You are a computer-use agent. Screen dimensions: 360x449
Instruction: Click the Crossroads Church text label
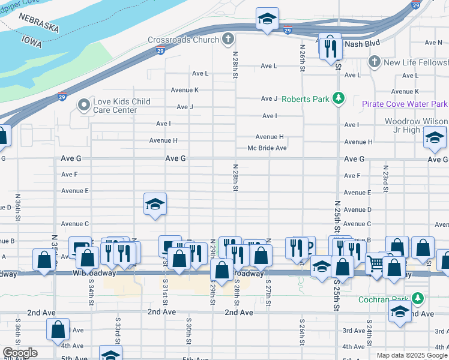pos(183,40)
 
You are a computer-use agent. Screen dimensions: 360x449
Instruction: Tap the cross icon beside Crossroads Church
pos(228,40)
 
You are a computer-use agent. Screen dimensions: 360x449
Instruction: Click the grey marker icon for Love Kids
pos(83,106)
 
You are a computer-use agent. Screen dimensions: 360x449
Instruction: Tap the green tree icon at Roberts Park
pos(339,98)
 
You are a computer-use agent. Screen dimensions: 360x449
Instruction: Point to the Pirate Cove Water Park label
pos(405,104)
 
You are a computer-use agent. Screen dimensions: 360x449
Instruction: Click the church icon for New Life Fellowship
pos(374,62)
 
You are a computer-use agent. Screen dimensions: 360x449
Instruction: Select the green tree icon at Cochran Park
pos(418,298)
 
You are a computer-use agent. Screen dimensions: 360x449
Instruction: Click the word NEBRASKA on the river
pos(38,23)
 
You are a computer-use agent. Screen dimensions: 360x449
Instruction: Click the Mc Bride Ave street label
pos(267,148)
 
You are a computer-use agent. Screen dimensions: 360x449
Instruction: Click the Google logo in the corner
pos(20,353)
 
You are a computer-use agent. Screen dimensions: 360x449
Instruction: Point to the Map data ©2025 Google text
pos(412,355)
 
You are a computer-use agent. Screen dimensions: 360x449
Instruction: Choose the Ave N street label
pos(432,43)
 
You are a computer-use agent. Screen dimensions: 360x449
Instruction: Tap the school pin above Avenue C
pos(155,205)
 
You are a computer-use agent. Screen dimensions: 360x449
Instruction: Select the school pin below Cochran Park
pos(400,311)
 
